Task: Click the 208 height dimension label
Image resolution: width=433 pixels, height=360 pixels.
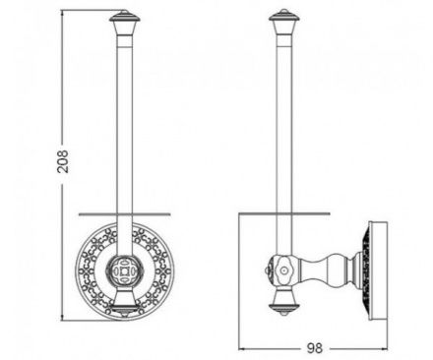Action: tap(62, 161)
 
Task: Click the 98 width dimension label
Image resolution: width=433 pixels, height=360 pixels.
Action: tap(315, 348)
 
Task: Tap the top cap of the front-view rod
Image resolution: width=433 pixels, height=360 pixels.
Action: tap(125, 17)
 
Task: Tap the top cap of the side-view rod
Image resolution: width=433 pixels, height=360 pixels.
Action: tap(284, 17)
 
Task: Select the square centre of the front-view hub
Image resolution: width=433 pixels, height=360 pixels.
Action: tap(125, 270)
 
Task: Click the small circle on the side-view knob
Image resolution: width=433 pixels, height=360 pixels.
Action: tap(283, 270)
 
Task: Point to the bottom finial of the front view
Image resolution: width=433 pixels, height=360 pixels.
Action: tap(125, 309)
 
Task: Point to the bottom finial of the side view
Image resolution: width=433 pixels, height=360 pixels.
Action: tap(283, 309)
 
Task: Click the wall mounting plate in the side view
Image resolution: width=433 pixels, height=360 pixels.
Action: tap(378, 270)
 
